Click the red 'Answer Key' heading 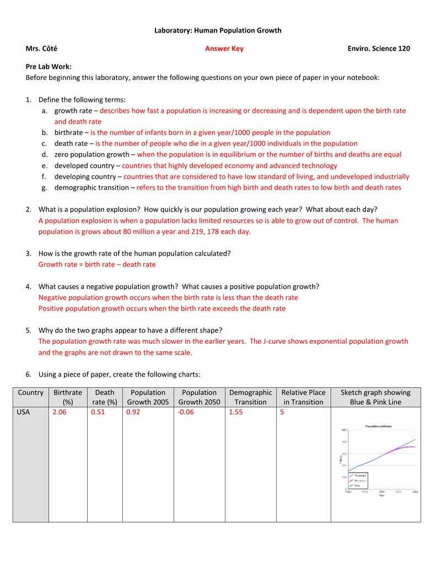click(224, 48)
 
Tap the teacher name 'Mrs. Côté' click(41, 48)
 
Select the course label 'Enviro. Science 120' click(379, 48)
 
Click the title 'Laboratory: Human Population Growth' click(218, 30)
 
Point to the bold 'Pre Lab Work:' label click(49, 66)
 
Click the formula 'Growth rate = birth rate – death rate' click(97, 264)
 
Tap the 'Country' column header click(30, 393)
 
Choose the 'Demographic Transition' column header click(250, 397)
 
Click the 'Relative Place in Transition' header click(303, 397)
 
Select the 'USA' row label click(23, 412)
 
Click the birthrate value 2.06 click(59, 412)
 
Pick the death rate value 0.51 click(98, 412)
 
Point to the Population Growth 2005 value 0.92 click(133, 412)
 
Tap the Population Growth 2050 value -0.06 click(186, 412)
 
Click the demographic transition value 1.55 click(236, 412)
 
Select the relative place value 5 click(282, 412)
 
